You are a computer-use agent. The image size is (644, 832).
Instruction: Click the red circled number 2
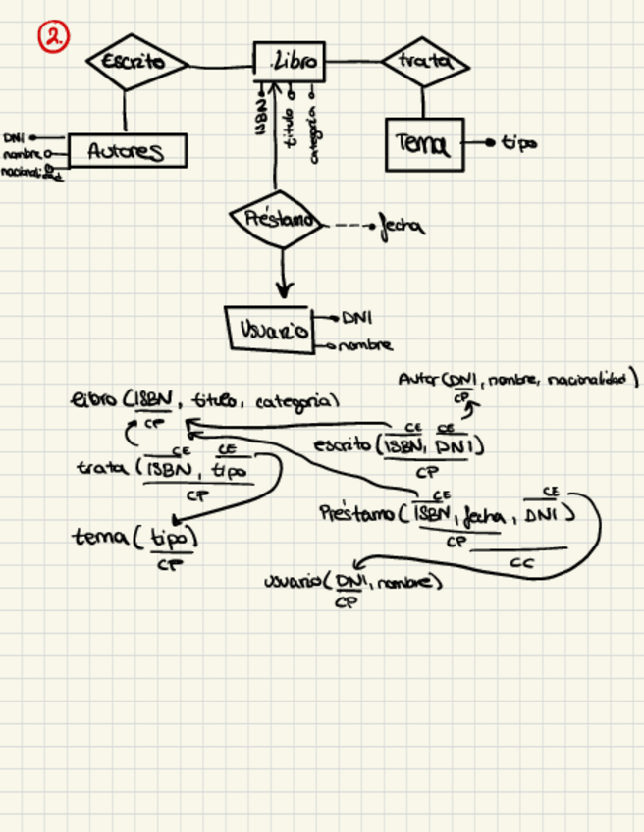click(53, 37)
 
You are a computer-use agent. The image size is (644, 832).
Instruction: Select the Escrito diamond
click(138, 62)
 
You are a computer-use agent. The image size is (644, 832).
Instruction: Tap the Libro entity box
click(289, 62)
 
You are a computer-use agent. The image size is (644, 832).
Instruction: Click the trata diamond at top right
click(423, 62)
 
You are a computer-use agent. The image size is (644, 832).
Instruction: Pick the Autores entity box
click(127, 151)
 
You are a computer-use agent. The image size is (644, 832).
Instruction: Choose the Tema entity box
click(423, 144)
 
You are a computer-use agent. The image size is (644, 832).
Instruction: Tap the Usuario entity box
click(269, 330)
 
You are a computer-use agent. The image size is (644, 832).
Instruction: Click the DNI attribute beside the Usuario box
click(356, 317)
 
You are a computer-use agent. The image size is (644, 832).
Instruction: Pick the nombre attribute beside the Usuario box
click(366, 345)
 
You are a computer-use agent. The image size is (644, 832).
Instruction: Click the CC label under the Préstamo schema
click(521, 563)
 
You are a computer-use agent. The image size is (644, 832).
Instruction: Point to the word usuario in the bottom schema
click(295, 583)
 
